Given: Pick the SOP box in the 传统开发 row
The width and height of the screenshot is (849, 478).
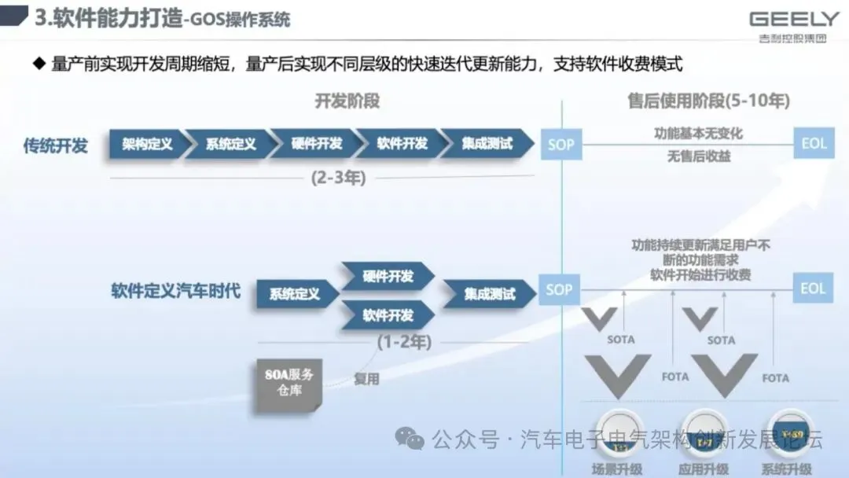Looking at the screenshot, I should tap(560, 145).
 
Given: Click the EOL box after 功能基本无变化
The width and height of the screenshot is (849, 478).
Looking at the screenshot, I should tap(813, 145).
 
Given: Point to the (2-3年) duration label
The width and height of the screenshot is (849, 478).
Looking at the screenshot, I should tap(337, 178).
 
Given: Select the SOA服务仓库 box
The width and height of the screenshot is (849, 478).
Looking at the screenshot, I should tap(290, 382).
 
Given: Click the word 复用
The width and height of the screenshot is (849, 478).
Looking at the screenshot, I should tap(366, 378).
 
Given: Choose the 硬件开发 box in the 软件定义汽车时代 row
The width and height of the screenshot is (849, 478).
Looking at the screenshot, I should tap(388, 276).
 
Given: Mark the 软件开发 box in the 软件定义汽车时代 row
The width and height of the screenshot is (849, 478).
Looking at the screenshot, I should tap(388, 315).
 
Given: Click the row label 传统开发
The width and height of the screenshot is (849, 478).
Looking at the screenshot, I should tap(55, 145).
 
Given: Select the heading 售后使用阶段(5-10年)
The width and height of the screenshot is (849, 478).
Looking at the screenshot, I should tap(708, 101).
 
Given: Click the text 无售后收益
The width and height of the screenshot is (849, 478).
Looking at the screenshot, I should tap(699, 156).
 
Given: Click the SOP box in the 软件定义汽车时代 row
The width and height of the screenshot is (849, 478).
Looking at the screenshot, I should tap(560, 289).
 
